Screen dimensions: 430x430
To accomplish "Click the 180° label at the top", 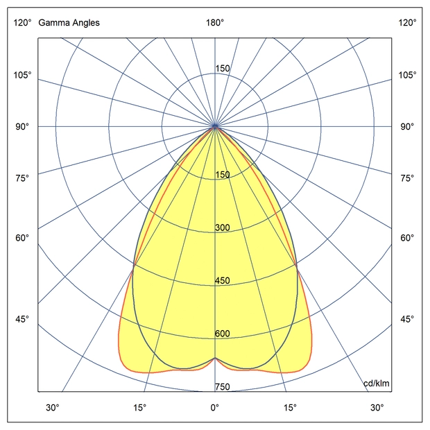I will pyautogui.click(x=215, y=23).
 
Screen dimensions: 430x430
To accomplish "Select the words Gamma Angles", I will pyautogui.click(x=69, y=23).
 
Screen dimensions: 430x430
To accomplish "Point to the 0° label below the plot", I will pyautogui.click(x=215, y=407).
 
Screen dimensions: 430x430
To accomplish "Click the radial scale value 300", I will pyautogui.click(x=222, y=228).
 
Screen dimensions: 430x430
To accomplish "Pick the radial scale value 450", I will pyautogui.click(x=222, y=281).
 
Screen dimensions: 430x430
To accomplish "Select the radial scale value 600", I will pyautogui.click(x=222, y=334).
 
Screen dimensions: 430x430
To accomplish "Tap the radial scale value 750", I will pyautogui.click(x=222, y=387).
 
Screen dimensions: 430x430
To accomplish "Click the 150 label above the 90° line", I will pyautogui.click(x=222, y=69).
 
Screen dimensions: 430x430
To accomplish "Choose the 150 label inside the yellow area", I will pyautogui.click(x=222, y=175).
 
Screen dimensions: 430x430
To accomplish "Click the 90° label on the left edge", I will pyautogui.click(x=22, y=127).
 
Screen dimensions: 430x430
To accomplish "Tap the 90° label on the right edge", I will pyautogui.click(x=407, y=127).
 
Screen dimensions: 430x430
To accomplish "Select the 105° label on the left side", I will pyautogui.click(x=22, y=75).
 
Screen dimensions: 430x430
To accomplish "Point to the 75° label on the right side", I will pyautogui.click(x=407, y=178).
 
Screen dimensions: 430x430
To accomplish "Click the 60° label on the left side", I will pyautogui.click(x=22, y=239).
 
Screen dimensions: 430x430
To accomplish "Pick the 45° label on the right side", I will pyautogui.click(x=407, y=319).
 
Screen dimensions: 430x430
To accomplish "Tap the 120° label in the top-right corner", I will pyautogui.click(x=407, y=23).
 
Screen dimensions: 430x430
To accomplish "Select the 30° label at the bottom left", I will pyautogui.click(x=53, y=407).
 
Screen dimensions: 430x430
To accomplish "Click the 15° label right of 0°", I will pyautogui.click(x=289, y=407).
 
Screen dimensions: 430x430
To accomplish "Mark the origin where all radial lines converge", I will pyautogui.click(x=215, y=127).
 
